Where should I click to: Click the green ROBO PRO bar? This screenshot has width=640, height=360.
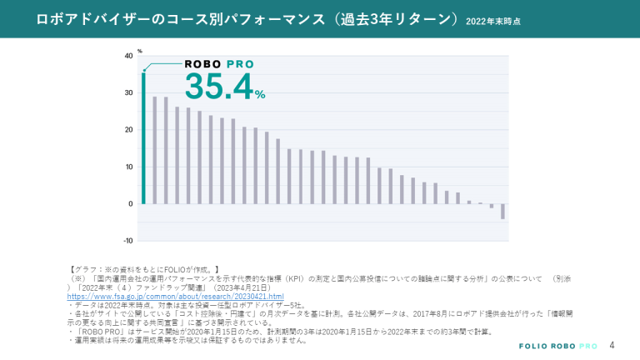(143, 137)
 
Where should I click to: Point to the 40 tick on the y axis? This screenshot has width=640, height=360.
(128, 56)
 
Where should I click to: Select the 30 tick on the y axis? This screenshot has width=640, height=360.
(128, 92)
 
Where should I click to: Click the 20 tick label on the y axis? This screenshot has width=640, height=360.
(128, 130)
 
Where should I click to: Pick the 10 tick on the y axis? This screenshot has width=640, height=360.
(128, 167)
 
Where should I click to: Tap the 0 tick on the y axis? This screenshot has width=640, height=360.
(130, 203)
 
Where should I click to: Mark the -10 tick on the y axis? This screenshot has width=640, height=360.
(127, 241)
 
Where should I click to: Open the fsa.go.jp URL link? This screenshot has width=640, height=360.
(175, 297)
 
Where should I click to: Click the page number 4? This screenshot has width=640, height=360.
(612, 344)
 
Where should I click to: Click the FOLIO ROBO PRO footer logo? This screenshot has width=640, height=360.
(557, 345)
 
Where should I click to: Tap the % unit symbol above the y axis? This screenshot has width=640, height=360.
(140, 51)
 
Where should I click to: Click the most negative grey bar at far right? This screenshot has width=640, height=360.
(502, 211)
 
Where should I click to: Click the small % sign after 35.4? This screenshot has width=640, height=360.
(260, 93)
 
